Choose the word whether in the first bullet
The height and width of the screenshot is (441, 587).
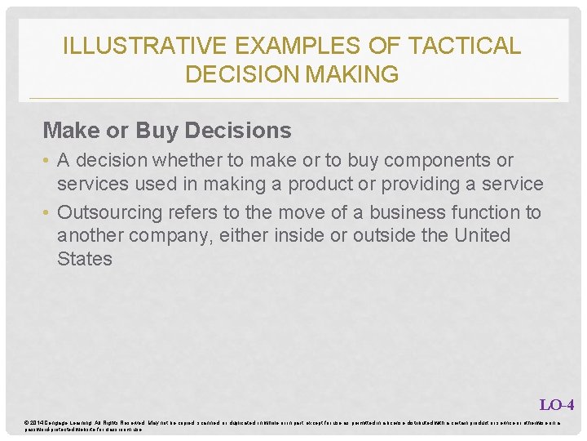[x=184, y=160]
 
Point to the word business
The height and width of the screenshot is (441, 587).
[x=406, y=212]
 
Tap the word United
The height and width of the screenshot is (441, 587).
[x=479, y=235]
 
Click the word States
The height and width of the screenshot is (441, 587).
[x=84, y=259]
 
